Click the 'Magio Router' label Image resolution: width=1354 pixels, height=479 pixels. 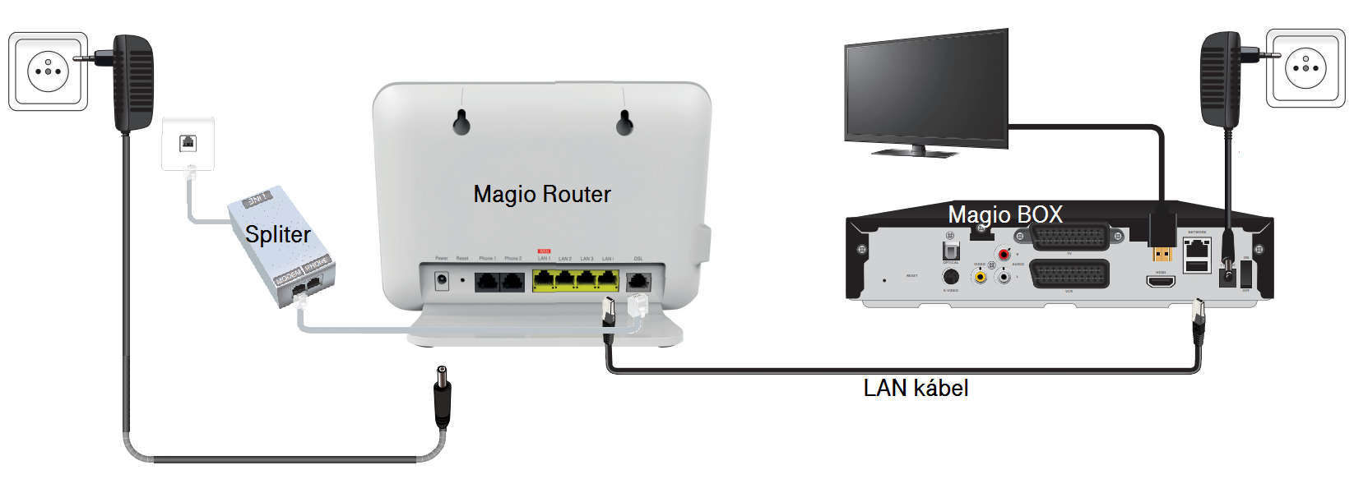542,195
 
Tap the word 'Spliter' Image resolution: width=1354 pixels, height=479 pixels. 278,235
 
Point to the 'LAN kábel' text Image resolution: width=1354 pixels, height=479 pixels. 916,388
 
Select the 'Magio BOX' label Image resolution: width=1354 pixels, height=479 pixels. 1005,214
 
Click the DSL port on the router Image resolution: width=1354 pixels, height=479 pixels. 638,281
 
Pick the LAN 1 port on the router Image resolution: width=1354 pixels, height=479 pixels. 544,281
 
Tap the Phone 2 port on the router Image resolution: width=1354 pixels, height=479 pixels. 513,282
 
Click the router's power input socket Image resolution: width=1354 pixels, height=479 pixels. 442,280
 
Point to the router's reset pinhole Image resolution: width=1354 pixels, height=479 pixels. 462,280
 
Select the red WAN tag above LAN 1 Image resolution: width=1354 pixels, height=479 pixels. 544,251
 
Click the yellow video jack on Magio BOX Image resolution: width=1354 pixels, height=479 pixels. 980,277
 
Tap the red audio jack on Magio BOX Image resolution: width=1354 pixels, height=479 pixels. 1004,255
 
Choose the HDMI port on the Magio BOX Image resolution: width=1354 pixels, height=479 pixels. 1161,282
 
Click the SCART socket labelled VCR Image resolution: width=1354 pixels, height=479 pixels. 1069,274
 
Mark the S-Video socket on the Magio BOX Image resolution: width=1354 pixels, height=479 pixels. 950,277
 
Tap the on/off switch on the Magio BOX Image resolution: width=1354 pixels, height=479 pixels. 1245,274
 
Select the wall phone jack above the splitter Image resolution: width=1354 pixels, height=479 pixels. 188,144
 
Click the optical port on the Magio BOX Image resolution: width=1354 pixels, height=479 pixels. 951,249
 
